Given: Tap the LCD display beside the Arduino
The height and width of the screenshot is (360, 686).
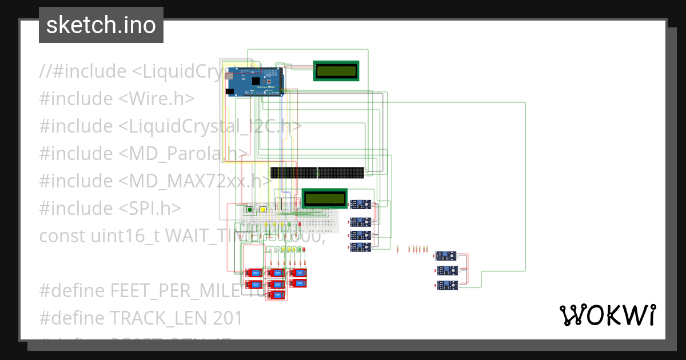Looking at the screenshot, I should point(336,71).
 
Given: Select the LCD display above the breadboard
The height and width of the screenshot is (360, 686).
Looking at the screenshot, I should point(325,198).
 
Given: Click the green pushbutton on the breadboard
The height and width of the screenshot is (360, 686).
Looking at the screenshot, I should point(250,210).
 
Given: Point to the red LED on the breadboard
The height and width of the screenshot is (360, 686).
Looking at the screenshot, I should point(300,225).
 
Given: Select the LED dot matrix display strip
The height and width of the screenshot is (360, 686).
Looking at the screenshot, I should point(317,172).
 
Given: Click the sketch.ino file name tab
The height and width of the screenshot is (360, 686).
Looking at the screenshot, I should point(101,25).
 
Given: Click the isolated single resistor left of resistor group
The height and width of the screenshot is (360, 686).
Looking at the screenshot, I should point(397,249).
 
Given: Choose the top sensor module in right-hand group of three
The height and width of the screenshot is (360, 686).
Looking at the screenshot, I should point(446,257).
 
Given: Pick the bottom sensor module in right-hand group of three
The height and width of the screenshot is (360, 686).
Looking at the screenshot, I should point(446,285).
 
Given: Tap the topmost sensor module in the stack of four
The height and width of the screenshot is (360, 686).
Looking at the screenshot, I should point(361,205).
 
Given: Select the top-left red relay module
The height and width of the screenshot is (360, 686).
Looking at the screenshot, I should point(253,273).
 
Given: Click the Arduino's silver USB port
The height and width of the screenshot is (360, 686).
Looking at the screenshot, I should point(229,75).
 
